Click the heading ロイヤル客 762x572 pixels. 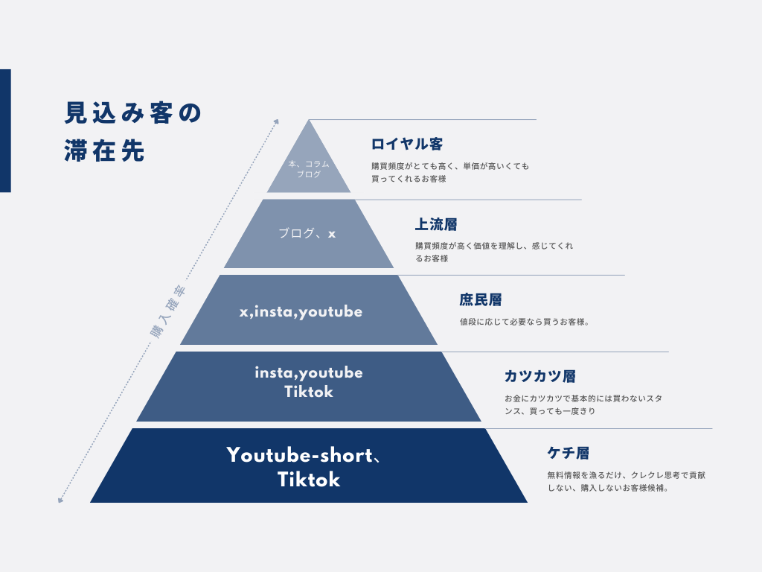407,144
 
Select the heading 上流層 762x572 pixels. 436,224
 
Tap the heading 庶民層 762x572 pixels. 481,299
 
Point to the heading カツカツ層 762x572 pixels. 540,376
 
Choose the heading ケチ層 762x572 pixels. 569,453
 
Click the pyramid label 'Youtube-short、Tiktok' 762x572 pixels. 304,467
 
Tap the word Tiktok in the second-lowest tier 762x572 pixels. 309,392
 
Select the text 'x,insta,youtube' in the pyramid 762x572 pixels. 301,312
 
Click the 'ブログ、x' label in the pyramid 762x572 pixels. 307,233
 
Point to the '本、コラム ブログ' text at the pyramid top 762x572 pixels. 309,169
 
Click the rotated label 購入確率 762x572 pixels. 168,311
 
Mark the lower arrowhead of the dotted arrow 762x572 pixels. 60,500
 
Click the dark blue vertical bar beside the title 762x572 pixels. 5,130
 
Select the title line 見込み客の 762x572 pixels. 132,113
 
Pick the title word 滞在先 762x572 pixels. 104,150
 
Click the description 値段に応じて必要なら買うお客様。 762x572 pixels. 525,322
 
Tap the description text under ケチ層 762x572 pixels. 627,482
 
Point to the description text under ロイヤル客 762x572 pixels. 450,173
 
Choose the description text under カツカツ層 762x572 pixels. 583,404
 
